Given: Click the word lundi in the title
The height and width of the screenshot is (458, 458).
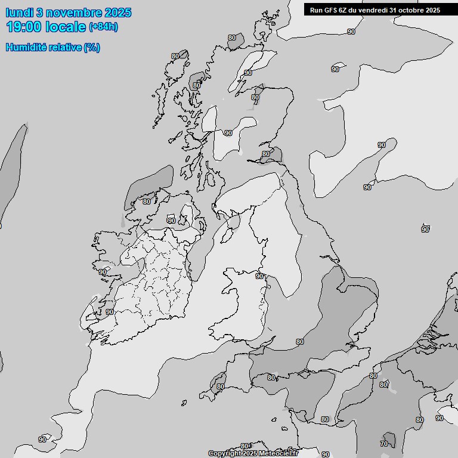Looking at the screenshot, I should tap(18, 13).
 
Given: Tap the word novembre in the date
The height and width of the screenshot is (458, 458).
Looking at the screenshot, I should tap(72, 13).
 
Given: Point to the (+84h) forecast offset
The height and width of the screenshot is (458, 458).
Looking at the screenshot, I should tap(103, 27).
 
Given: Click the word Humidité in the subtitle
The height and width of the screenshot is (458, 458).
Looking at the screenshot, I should tap(26, 47).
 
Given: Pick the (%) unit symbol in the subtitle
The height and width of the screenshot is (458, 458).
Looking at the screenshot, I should tap(91, 47).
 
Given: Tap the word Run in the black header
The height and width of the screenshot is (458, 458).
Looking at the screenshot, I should tap(316, 10).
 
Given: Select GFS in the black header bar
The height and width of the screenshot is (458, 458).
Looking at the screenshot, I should tap(330, 10).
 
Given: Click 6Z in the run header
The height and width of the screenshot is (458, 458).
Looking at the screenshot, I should tap(343, 10).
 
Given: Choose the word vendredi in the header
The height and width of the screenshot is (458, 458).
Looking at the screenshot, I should tap(376, 10).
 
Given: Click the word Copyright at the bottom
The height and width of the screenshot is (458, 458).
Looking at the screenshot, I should tap(224, 454).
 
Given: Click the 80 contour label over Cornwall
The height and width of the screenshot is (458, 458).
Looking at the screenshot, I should tap(221, 386).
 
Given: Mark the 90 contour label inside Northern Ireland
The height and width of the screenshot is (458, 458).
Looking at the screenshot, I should tap(172, 220).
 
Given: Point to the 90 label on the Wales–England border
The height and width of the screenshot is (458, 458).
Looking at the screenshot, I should tap(259, 276).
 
